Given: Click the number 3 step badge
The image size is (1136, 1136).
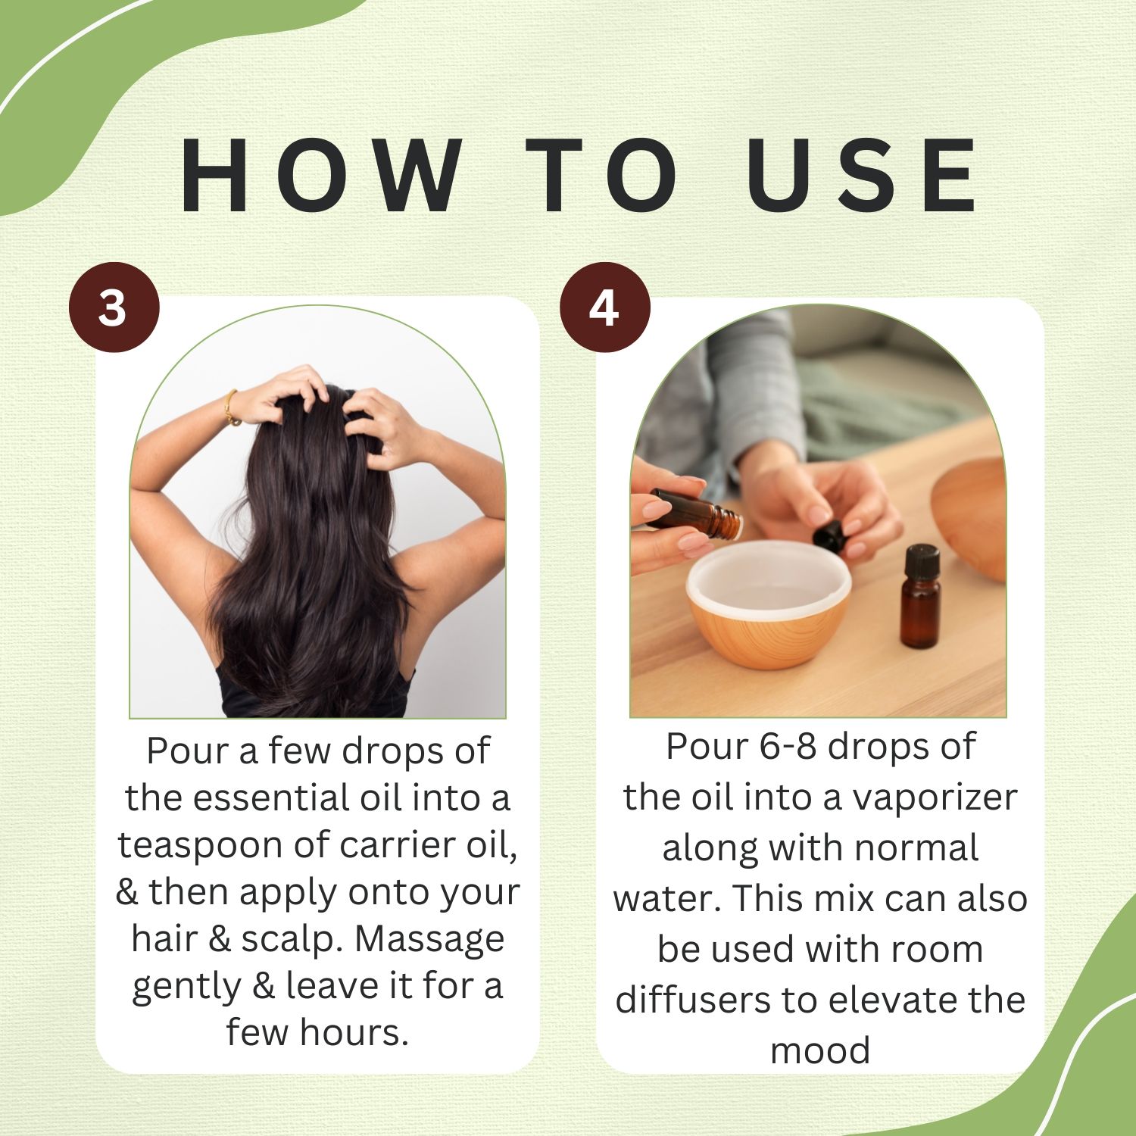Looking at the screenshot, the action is click(114, 307).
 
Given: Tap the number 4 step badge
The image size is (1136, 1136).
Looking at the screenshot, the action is click(604, 307).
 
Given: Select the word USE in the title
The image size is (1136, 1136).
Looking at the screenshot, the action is click(863, 176).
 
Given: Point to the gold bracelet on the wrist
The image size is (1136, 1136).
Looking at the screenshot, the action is click(231, 407).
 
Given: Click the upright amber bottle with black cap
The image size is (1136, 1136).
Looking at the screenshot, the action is click(920, 597).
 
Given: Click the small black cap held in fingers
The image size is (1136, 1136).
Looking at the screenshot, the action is click(829, 536).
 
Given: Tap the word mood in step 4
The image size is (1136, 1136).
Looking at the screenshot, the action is click(820, 1051).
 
